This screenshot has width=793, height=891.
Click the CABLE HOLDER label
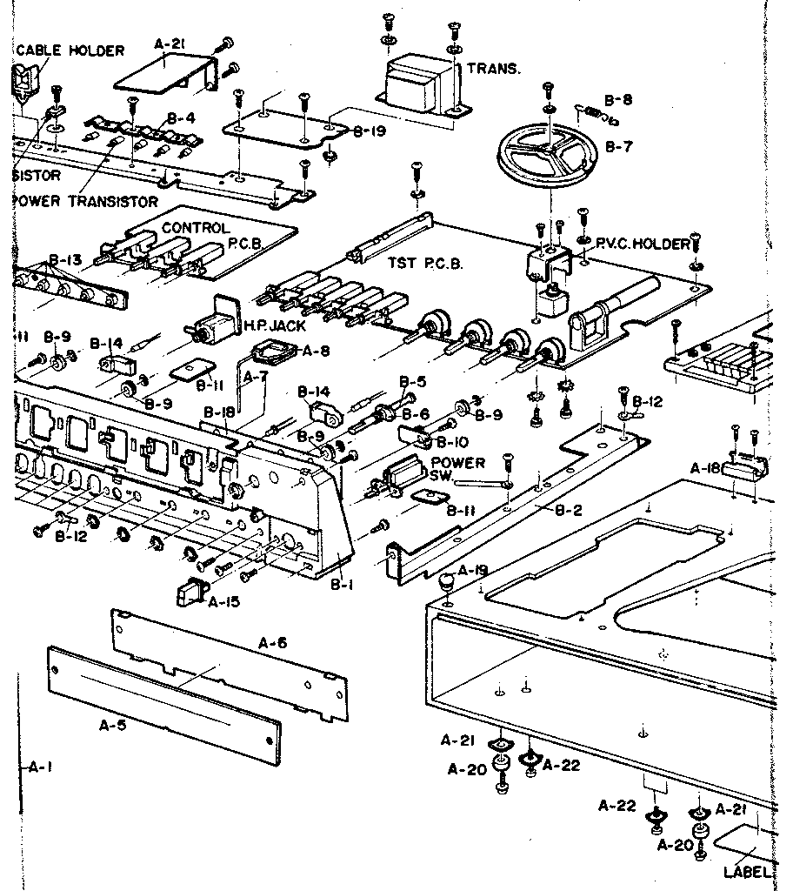(70, 50)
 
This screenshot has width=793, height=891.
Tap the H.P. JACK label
(265, 325)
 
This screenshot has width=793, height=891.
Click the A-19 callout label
(475, 570)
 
